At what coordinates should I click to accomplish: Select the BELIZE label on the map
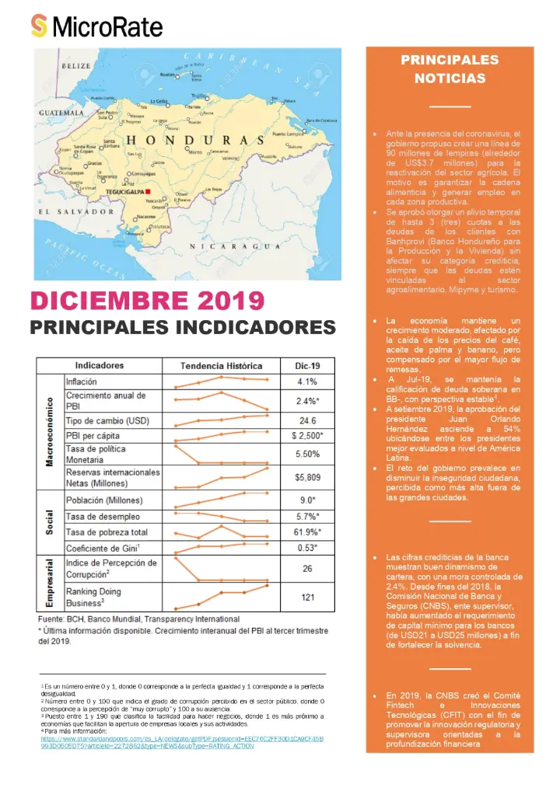[76, 66]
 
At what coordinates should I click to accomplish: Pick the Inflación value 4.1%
[307, 382]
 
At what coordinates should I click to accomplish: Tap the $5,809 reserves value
[307, 477]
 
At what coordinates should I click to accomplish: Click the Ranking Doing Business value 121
[307, 597]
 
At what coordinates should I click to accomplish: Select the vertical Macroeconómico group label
[49, 431]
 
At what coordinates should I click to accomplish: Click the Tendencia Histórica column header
[222, 366]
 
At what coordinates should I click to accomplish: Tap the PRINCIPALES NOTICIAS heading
[450, 68]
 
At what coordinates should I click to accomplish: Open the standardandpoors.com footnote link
[182, 741]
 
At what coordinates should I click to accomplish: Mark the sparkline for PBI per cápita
[222, 436]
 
